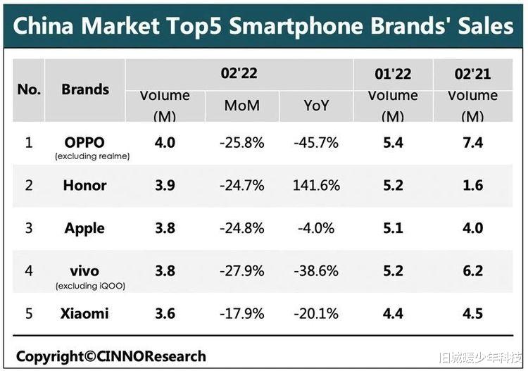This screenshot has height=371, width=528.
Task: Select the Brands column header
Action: pyautogui.click(x=85, y=89)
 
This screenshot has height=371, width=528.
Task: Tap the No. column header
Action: pyautogui.click(x=29, y=89)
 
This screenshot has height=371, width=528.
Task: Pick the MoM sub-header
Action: pyautogui.click(x=241, y=106)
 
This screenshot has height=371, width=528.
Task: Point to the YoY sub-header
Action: pyautogui.click(x=316, y=106)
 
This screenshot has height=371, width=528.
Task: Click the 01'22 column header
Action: pyautogui.click(x=392, y=73)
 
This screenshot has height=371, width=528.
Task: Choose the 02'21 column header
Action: pyautogui.click(x=472, y=73)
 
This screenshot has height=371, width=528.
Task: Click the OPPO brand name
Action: pyautogui.click(x=84, y=142)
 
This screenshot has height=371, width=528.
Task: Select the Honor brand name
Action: pyautogui.click(x=84, y=185)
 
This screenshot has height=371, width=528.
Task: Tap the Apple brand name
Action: pyautogui.click(x=84, y=228)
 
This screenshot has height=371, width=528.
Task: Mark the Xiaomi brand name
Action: pyautogui.click(x=86, y=313)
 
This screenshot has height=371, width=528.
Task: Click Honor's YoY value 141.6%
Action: pyautogui.click(x=316, y=185)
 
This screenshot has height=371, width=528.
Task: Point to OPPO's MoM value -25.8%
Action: pyautogui.click(x=241, y=143)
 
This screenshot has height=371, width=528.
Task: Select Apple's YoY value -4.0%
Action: pyautogui.click(x=316, y=228)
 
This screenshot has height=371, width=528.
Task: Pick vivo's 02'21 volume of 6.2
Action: pyautogui.click(x=473, y=270)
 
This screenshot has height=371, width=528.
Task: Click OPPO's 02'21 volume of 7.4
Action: pyautogui.click(x=473, y=143)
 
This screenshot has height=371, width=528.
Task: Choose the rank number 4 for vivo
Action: pyautogui.click(x=29, y=270)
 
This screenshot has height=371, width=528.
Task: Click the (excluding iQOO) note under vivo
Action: pyautogui.click(x=84, y=285)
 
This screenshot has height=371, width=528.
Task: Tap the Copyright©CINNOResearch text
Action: pyautogui.click(x=111, y=356)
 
